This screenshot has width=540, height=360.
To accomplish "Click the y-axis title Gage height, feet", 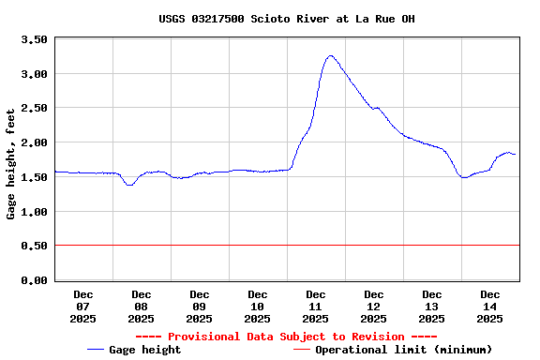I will pos(11,164).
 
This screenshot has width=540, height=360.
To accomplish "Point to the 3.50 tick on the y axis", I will pos(34,39).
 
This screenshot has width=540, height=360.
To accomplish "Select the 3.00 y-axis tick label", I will pos(34,74).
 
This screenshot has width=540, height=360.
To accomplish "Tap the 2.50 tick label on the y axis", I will pos(34,109).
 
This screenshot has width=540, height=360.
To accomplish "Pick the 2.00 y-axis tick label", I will pos(34,142).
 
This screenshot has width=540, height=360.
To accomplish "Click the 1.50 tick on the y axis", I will pos(34,177).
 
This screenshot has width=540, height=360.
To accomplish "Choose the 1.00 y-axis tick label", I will pos(34,212).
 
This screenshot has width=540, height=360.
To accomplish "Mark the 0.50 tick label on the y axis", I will pos(34,246).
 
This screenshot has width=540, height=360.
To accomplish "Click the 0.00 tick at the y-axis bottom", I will pos(34,280).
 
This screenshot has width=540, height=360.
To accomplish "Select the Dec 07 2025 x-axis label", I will pos(83,307).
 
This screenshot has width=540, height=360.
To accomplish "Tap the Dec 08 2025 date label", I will pos(142,307).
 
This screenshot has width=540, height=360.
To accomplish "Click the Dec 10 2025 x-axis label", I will pos(258,307).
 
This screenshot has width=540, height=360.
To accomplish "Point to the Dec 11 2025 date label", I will pos(316,307).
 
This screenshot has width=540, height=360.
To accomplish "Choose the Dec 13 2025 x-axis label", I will pos(432,307).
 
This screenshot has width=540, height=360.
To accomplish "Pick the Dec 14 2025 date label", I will pos(490,307).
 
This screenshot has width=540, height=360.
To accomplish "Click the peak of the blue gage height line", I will pos(330,55).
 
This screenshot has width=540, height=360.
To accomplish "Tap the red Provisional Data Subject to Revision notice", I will pos(286,337).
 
